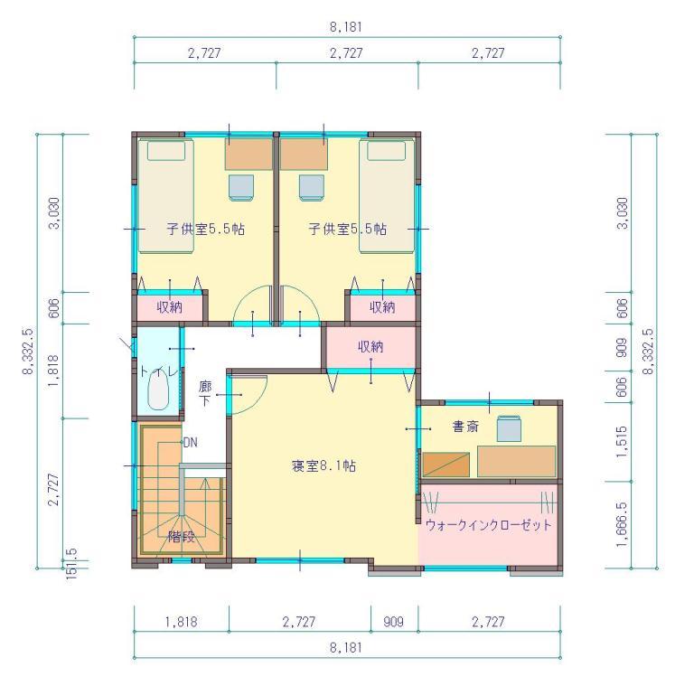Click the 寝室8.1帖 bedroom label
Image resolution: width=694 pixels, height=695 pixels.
[324, 465]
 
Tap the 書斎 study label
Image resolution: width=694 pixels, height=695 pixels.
[465, 427]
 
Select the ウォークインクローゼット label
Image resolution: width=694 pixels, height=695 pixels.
[488, 525]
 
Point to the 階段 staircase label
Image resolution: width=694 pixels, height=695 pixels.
[182, 537]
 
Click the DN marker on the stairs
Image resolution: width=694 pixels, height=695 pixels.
[191, 442]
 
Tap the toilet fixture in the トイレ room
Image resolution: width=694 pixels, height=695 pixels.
[158, 390]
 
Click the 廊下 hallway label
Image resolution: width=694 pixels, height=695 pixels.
[205, 394]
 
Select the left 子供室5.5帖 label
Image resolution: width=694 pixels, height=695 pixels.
[206, 229]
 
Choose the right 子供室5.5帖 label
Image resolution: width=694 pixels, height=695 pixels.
[347, 229]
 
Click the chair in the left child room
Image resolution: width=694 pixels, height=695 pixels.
[241, 187]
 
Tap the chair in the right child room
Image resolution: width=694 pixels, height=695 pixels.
[311, 187]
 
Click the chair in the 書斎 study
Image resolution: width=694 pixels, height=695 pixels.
[509, 428]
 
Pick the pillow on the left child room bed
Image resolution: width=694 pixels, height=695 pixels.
[166, 151]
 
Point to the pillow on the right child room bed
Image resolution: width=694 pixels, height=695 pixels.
[387, 151]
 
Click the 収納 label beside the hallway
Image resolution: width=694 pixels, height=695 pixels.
[370, 347]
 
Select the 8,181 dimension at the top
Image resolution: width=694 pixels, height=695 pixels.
[346, 27]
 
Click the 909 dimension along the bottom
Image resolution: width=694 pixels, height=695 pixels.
[393, 622]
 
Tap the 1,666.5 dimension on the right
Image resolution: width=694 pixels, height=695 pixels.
[622, 524]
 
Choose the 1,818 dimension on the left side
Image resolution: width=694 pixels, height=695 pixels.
[53, 371]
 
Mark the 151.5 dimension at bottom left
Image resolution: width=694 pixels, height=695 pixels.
[71, 563]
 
